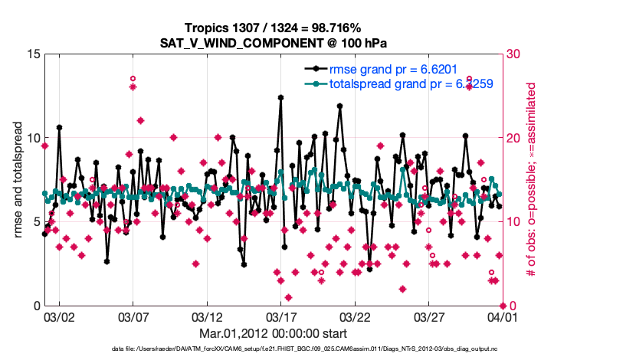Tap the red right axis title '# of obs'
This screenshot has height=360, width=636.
click(x=529, y=180)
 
